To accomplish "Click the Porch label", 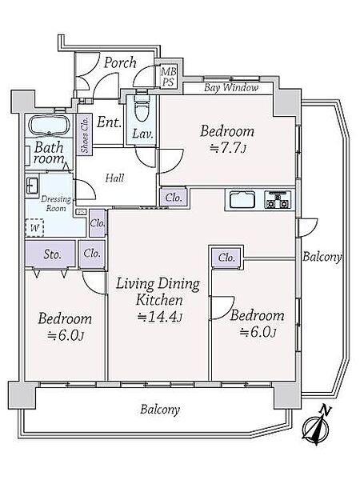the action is (x=120, y=62).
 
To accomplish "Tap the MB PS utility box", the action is (x=168, y=77).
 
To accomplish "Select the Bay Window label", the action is (x=231, y=88).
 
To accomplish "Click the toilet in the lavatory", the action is (x=142, y=108).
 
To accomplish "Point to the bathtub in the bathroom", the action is (x=49, y=125).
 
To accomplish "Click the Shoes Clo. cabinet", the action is (x=85, y=134).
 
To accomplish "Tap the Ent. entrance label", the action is (x=109, y=122).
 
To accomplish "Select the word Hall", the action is (x=114, y=178).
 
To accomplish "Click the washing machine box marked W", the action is (x=34, y=227).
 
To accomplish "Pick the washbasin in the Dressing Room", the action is (x=32, y=186).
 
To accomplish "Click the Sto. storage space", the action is (x=50, y=254).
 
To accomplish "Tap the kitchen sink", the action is (x=242, y=200).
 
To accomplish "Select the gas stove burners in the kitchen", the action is (x=278, y=199).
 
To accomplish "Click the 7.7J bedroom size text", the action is (x=228, y=149).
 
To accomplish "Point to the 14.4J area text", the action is (x=159, y=317).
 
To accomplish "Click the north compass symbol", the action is (x=316, y=426).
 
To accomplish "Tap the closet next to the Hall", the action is (x=174, y=197).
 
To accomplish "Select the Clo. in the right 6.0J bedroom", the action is (x=226, y=258).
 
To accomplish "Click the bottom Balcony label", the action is (x=160, y=410).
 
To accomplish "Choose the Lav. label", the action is (x=142, y=134).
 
